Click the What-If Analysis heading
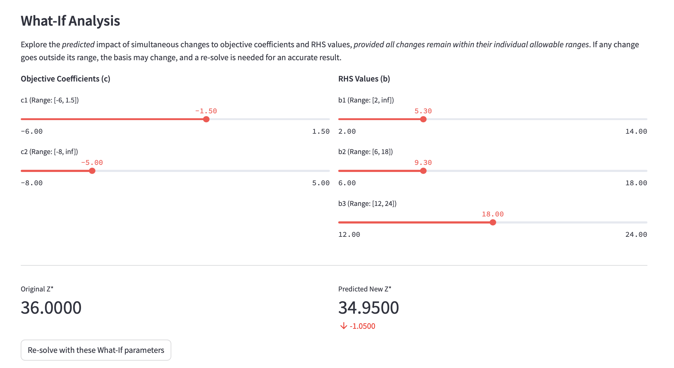70,21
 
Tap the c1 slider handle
206,119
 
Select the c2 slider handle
92,171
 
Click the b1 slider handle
423,119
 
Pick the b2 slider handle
423,171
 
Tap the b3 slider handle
493,222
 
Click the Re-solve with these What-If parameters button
96,350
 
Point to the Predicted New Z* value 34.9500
369,307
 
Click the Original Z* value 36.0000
51,307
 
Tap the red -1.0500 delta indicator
358,326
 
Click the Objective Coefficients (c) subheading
65,79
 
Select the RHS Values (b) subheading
364,79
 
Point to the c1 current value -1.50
206,111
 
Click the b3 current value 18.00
493,214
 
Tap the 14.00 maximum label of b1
636,132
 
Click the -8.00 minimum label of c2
32,183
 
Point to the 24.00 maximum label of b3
636,235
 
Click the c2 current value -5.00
92,163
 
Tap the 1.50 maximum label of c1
321,132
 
